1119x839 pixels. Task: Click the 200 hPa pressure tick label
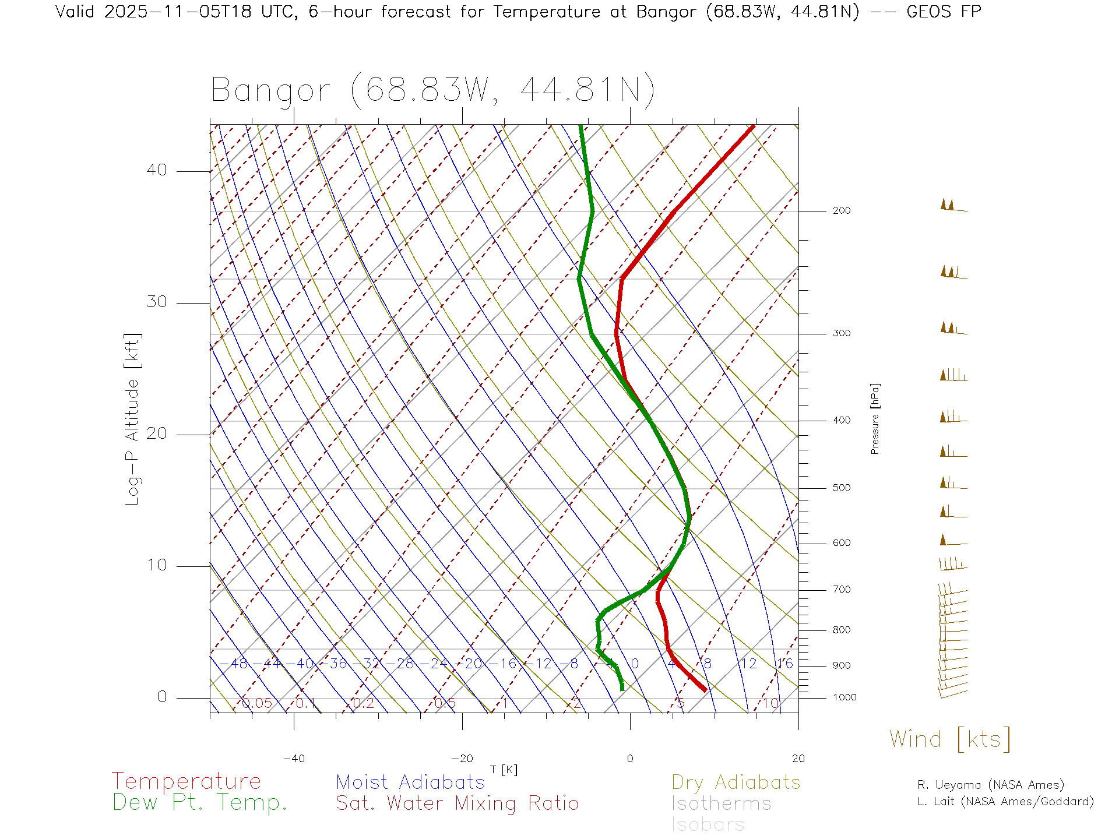[841, 211]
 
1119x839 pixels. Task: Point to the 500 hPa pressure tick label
[841, 488]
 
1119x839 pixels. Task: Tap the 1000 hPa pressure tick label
[844, 697]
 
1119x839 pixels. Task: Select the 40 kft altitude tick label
[156, 170]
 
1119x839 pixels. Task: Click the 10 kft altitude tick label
[156, 565]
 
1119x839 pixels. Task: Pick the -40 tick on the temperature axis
[294, 759]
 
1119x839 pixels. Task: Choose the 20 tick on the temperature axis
[798, 759]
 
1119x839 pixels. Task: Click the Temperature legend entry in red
[186, 781]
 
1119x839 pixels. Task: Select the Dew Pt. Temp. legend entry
[200, 803]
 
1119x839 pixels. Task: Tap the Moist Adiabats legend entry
[410, 782]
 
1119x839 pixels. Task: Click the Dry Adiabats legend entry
[736, 782]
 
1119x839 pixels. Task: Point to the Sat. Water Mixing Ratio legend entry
[457, 803]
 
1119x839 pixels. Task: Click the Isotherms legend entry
[721, 803]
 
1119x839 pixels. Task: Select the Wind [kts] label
[949, 739]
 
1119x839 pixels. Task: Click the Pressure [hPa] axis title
[875, 418]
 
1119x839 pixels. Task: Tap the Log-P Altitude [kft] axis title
[133, 419]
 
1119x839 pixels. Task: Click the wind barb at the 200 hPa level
[952, 206]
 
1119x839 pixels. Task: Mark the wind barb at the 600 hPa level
[952, 541]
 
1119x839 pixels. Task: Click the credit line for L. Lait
[1005, 802]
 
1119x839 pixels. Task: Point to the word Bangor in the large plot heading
[271, 91]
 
